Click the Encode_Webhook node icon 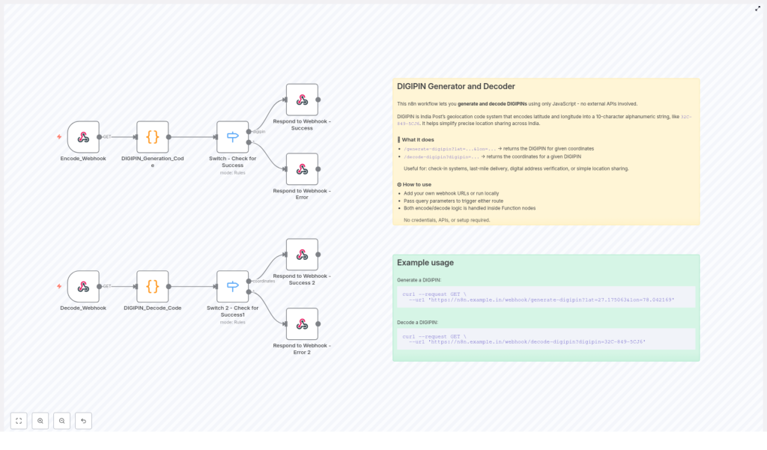pos(83,137)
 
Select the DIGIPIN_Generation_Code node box pos(153,137)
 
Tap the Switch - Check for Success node pos(232,137)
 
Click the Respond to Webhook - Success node pos(302,100)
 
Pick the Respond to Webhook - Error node pos(302,169)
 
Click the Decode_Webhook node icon pos(83,286)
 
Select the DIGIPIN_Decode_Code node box pos(153,286)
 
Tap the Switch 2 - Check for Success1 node pos(232,286)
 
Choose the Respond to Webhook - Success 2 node pos(302,255)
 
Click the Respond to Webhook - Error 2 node pos(302,324)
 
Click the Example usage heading pos(425,263)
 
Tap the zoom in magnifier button pos(40,421)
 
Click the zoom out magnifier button pos(61,421)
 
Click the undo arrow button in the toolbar pos(83,421)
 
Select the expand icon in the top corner pos(757,8)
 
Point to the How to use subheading pos(417,184)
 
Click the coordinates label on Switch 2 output pos(264,281)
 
